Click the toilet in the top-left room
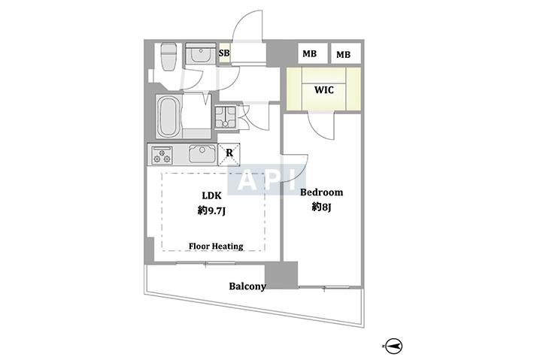pos(168,56)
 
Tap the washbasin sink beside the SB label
pos(201,54)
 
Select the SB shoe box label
pos(224,53)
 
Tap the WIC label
pos(324,90)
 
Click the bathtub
pos(169,116)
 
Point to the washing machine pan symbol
pos(225,117)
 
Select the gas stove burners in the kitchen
pos(162,155)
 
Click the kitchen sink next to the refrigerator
pos(202,154)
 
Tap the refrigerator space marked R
pos(229,155)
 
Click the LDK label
pos(211,195)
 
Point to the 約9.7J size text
pos(211,211)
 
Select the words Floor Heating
pos(216,246)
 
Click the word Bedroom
pos(321,192)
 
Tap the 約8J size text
pos(321,207)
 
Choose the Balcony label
pos(247,286)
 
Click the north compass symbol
pos(394,346)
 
